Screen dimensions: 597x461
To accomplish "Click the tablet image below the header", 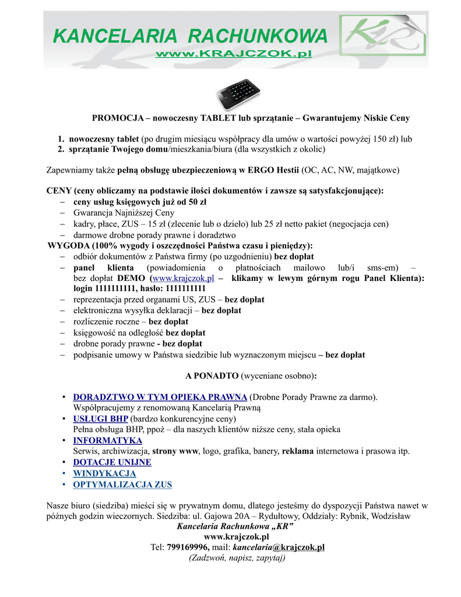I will point(239,93).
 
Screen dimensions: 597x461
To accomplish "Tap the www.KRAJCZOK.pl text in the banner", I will point(233,54).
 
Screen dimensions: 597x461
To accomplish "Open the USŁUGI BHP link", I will point(100,419).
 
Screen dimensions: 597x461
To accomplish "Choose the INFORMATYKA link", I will point(107,440).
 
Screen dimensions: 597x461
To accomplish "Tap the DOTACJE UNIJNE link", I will point(112,462).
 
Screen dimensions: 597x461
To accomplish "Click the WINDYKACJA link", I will point(104,473).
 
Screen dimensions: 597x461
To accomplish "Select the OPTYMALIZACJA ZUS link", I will point(122,484).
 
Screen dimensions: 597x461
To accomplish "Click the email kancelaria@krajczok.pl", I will point(279,547).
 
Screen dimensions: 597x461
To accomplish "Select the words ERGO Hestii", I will point(268,170).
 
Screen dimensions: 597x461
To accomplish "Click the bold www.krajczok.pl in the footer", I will point(235,536).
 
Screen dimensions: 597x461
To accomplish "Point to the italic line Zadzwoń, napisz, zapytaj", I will point(237,558).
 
